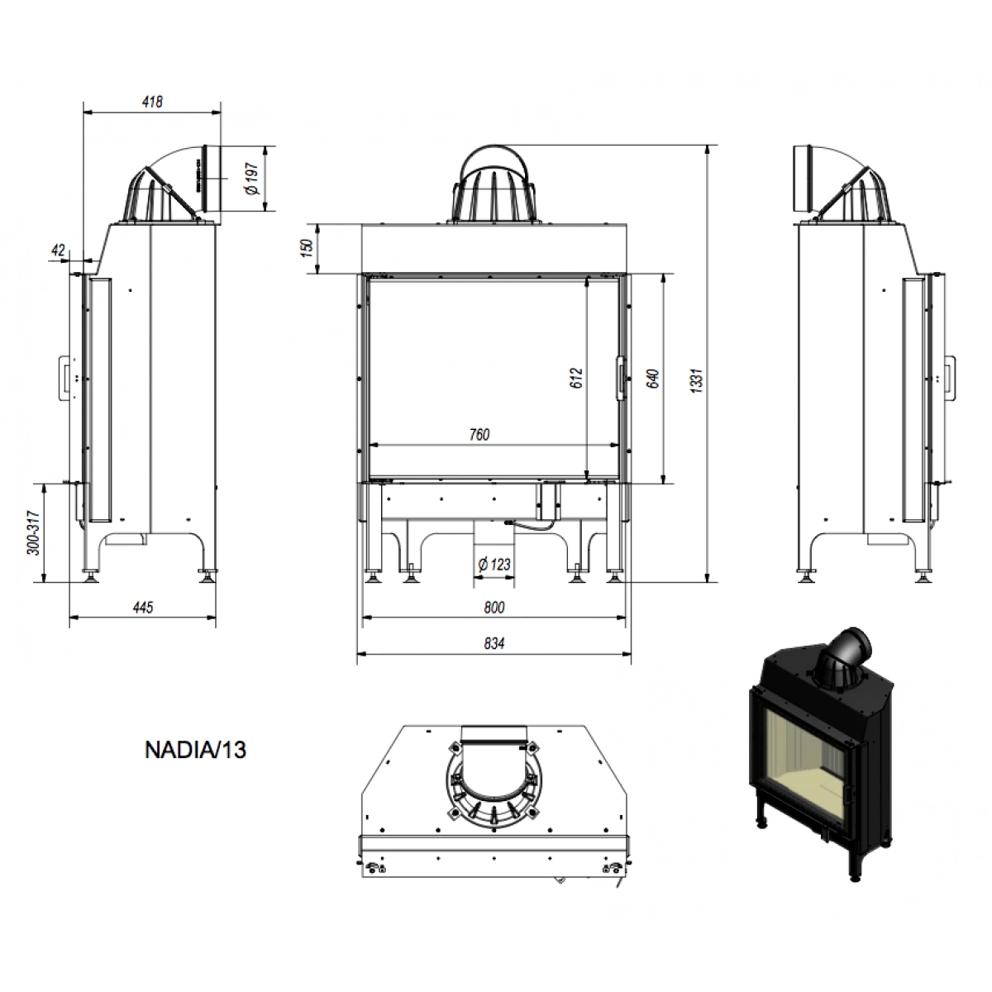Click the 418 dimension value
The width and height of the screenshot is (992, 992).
tap(152, 102)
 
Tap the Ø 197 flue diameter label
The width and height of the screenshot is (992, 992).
tap(253, 179)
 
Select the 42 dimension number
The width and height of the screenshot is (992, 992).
tap(58, 250)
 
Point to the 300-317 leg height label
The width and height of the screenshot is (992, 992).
tap(34, 533)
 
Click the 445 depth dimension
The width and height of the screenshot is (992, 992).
tap(142, 608)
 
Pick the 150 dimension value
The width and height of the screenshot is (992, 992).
tap(307, 248)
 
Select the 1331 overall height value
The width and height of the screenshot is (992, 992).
tap(697, 381)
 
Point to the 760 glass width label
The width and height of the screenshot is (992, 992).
tap(479, 435)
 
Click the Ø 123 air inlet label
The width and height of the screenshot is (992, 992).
tap(494, 565)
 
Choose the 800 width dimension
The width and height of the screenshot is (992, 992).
tap(494, 608)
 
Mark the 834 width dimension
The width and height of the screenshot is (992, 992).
tap(494, 643)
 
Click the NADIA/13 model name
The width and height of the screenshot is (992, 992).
tap(196, 750)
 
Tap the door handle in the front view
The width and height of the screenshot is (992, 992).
tap(622, 378)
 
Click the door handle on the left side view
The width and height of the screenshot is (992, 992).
tap(66, 378)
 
